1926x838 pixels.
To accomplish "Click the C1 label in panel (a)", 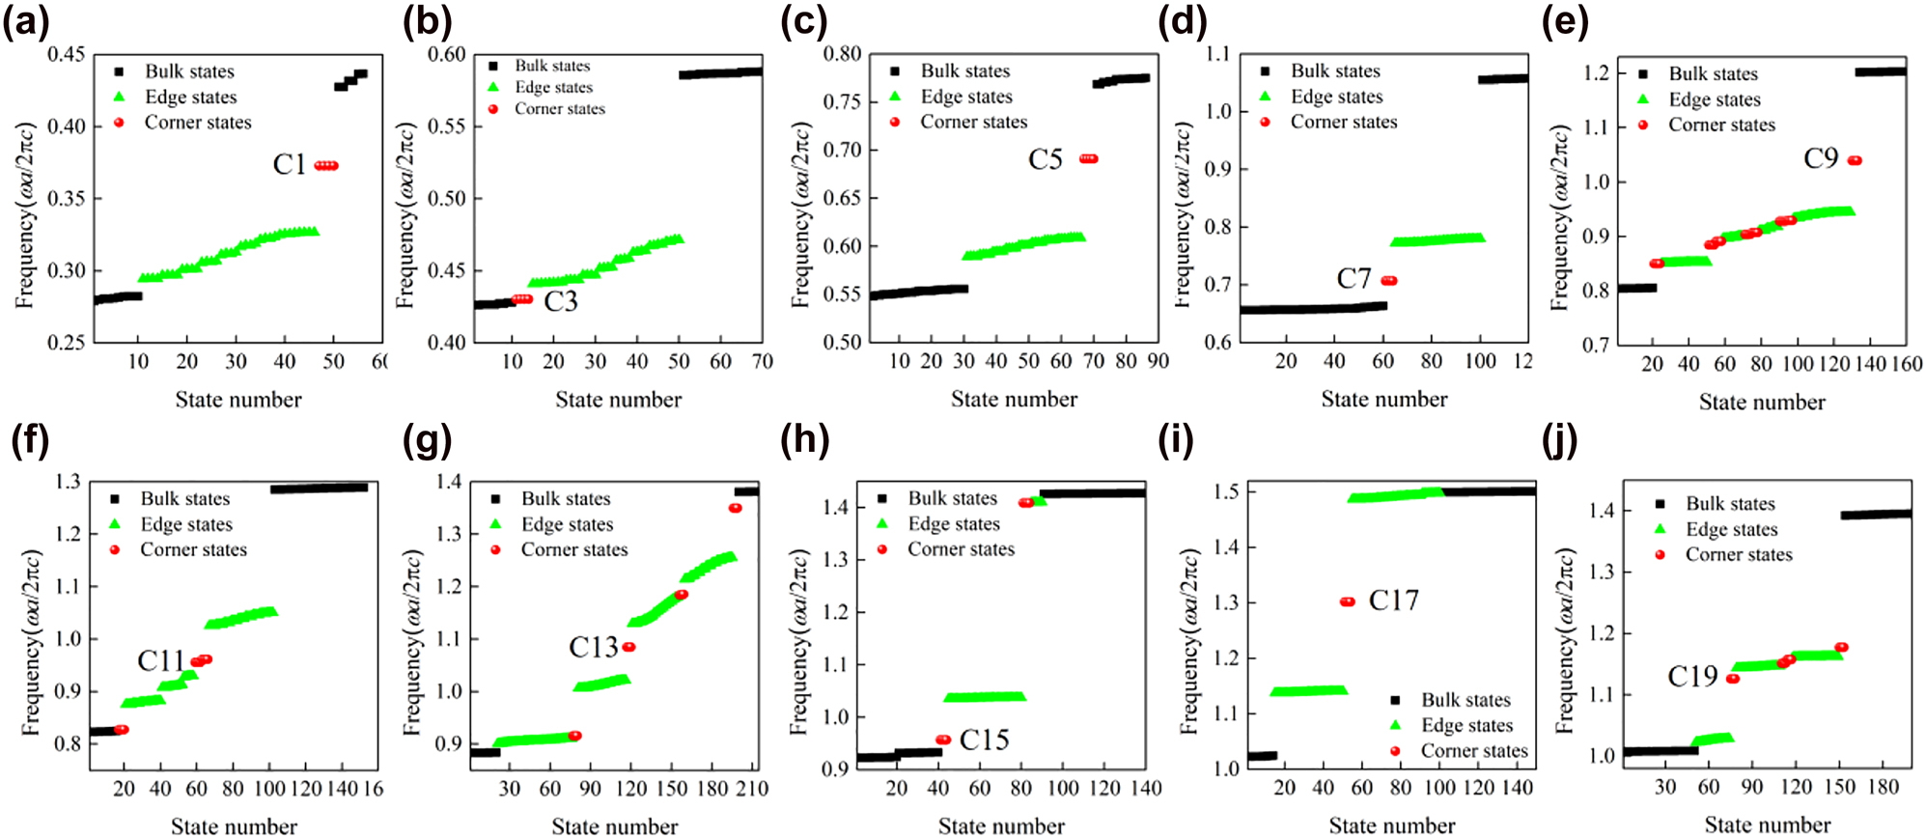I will pyautogui.click(x=290, y=165).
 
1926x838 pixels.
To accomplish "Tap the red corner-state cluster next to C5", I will pyautogui.click(x=1088, y=158).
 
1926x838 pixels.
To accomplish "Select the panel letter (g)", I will pyautogui.click(x=426, y=440).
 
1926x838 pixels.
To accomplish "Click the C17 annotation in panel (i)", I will pyautogui.click(x=1393, y=601).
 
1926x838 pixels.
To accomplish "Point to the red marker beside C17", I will pyautogui.click(x=1348, y=601).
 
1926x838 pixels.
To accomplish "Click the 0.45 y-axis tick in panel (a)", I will pyautogui.click(x=67, y=54).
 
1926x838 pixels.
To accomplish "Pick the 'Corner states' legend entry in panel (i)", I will pyautogui.click(x=1473, y=750).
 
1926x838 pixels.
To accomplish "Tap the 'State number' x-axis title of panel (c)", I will pyautogui.click(x=1014, y=399).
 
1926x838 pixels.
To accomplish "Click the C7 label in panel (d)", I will pyautogui.click(x=1354, y=279).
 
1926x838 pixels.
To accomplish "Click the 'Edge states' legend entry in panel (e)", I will pyautogui.click(x=1715, y=99).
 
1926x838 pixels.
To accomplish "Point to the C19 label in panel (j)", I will pyautogui.click(x=1692, y=677).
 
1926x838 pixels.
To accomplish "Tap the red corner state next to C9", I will pyautogui.click(x=1855, y=160).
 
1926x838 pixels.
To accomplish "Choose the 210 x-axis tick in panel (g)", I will pyautogui.click(x=753, y=789).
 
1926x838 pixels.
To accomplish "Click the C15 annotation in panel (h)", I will pyautogui.click(x=984, y=740).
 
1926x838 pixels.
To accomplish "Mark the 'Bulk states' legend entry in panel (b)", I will pyautogui.click(x=551, y=66).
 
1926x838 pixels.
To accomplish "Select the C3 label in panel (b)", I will pyautogui.click(x=561, y=302).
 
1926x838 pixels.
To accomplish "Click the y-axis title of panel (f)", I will pyautogui.click(x=31, y=642).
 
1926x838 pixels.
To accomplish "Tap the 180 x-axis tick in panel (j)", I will pyautogui.click(x=1884, y=787).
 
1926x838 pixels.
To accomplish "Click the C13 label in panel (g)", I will pyautogui.click(x=593, y=647).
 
